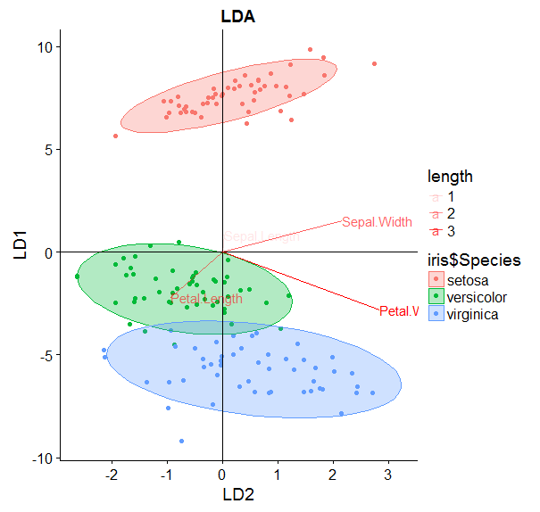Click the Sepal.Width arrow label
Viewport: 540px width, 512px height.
click(x=377, y=222)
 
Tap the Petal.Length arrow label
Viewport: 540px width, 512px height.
click(x=207, y=300)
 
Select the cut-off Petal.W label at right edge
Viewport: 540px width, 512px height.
click(x=398, y=311)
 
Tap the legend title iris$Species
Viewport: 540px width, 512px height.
click(x=473, y=260)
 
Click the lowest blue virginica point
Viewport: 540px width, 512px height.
click(x=181, y=441)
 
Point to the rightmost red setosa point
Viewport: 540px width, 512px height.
click(x=374, y=63)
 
